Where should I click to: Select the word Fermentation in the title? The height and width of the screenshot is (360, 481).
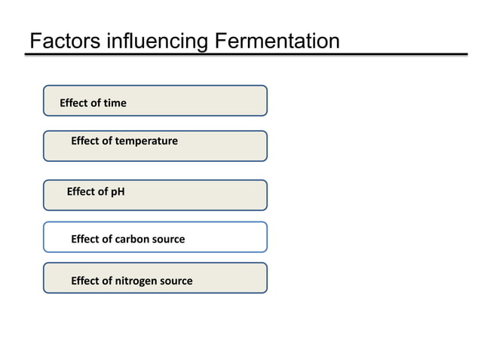[x=277, y=41]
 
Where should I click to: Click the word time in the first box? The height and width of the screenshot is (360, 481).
[x=115, y=102]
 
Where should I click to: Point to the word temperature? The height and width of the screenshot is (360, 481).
[x=146, y=141]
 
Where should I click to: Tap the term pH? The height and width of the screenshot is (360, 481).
[x=117, y=191]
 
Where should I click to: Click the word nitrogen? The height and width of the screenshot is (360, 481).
[x=136, y=281]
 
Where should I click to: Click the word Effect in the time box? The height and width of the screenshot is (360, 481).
[x=74, y=102]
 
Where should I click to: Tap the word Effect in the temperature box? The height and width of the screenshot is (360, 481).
[x=84, y=141]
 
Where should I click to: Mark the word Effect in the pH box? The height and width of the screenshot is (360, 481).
[x=81, y=191]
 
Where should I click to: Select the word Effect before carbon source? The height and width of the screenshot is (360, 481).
[x=84, y=239]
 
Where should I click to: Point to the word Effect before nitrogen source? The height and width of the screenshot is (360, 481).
[x=84, y=281]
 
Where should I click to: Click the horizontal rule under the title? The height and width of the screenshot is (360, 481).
[x=249, y=54]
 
